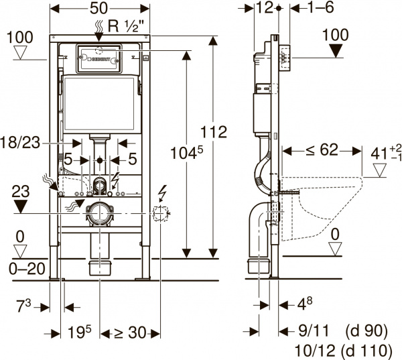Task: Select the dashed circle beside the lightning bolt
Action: point(160,215)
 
